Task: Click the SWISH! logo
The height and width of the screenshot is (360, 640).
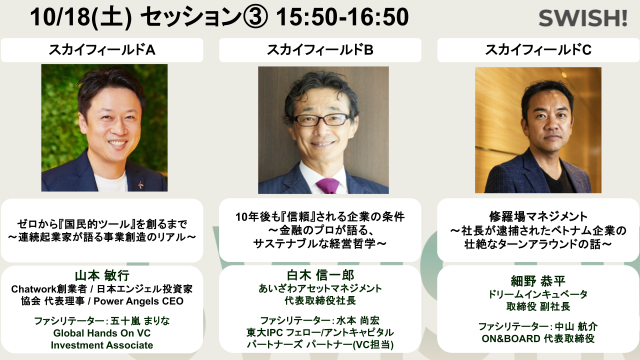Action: tap(583, 18)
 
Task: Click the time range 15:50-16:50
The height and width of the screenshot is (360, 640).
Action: tap(342, 17)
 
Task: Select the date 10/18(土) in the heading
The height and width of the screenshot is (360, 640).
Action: tap(81, 17)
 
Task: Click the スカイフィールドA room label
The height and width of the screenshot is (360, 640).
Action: tap(102, 49)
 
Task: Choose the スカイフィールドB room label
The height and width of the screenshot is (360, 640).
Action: tap(320, 49)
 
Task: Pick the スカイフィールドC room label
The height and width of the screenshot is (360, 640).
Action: tap(538, 49)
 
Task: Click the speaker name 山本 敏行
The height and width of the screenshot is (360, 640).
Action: tap(102, 275)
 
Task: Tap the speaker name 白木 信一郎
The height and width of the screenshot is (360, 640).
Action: tap(320, 275)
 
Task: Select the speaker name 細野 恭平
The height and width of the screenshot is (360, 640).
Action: tap(538, 281)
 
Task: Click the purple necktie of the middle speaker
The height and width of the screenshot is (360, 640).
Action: tap(327, 185)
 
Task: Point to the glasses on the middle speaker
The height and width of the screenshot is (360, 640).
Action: tap(321, 119)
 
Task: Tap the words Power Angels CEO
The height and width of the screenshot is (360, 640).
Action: tap(138, 301)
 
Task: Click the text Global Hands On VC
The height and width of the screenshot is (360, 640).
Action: tap(102, 333)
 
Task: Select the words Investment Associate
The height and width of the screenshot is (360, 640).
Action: tap(102, 345)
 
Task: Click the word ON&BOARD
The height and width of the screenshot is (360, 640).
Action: tap(511, 338)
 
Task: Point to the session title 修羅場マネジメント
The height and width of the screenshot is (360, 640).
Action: tap(538, 216)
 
